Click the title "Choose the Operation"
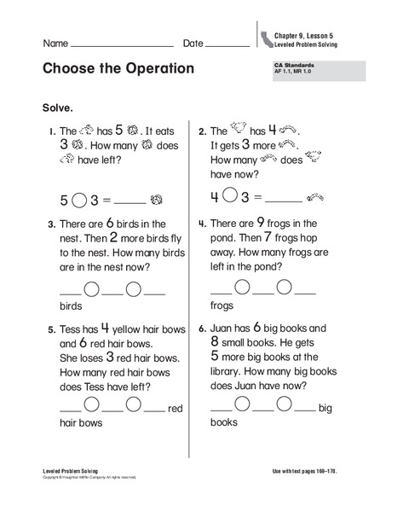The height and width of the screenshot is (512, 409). click(x=118, y=68)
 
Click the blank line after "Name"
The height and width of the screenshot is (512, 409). click(x=123, y=44)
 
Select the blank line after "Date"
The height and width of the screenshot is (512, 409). click(x=228, y=44)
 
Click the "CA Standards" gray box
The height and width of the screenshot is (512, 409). click(x=314, y=71)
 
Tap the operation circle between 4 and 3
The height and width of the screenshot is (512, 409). click(x=229, y=198)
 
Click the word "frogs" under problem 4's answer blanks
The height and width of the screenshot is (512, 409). click(x=222, y=305)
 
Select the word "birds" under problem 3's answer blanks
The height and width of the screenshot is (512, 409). click(x=70, y=305)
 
